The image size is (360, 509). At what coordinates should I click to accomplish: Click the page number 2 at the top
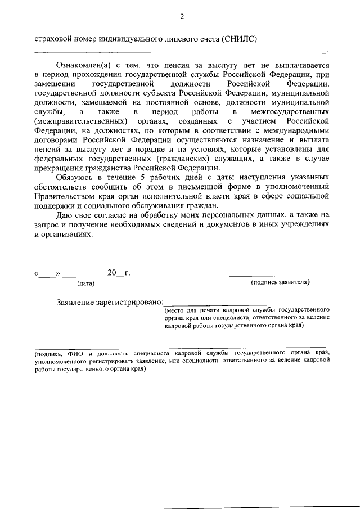coord(182,17)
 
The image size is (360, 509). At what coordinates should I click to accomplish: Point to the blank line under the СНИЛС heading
coord(180,52)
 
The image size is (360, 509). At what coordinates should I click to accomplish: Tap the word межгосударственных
coord(292,112)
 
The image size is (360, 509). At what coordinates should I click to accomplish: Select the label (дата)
coord(85,284)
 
